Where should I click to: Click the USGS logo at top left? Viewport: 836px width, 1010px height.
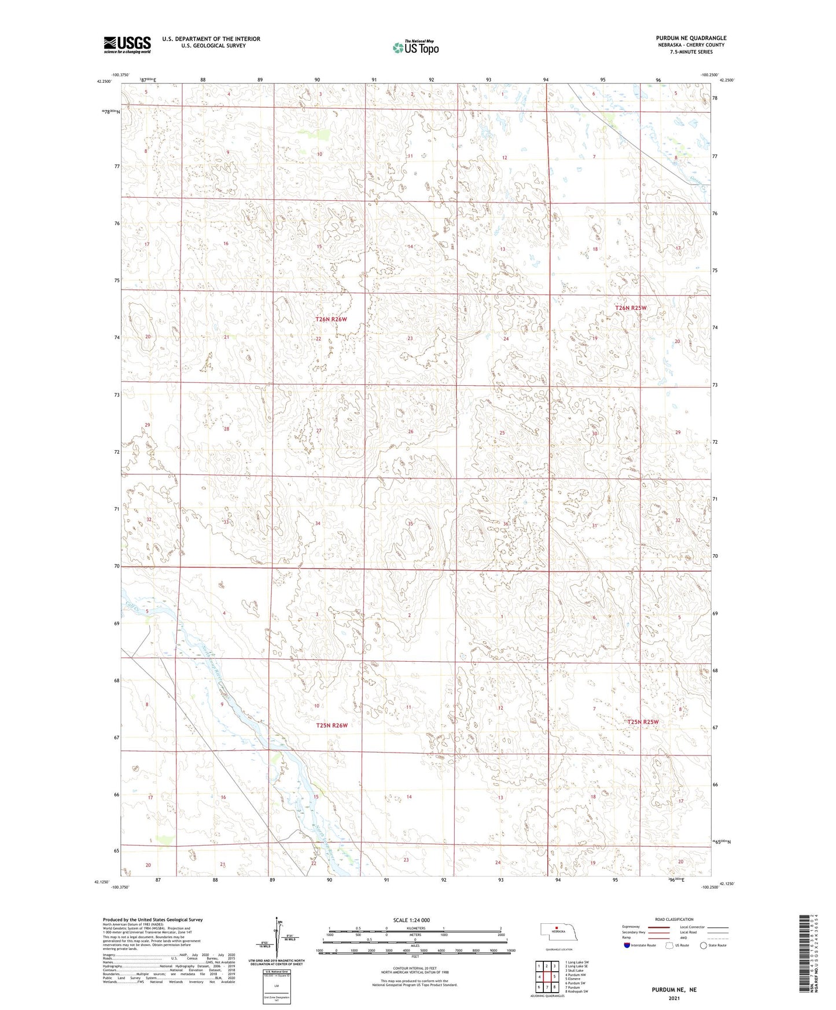[127, 45]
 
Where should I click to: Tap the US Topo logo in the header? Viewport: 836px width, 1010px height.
[415, 47]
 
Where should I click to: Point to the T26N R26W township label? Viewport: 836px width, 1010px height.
[331, 319]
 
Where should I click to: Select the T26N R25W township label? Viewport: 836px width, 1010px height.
[630, 308]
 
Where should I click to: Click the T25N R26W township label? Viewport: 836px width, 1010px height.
[332, 725]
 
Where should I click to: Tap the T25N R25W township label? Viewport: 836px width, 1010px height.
[643, 722]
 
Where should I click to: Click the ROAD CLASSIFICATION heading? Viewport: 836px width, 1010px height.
[674, 919]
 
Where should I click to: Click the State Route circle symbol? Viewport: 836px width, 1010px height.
[704, 945]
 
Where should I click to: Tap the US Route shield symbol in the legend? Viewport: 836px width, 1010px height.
[669, 945]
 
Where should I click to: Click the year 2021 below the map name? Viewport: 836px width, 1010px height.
[673, 998]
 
